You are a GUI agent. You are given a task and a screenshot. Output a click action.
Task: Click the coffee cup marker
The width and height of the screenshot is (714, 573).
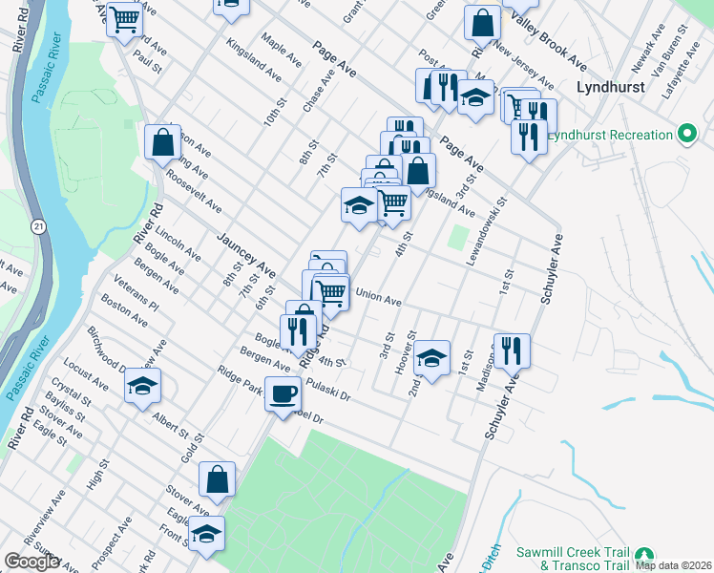click(x=283, y=394)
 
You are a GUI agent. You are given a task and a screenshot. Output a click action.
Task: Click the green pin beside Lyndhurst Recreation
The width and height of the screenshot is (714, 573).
click(x=686, y=135)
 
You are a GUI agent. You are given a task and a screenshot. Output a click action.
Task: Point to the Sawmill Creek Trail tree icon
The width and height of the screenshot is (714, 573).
click(x=646, y=557)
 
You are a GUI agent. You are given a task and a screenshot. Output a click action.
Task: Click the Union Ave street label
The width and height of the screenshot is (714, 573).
click(x=378, y=297)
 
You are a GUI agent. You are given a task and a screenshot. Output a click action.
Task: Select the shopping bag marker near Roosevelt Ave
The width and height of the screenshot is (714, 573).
click(x=162, y=143)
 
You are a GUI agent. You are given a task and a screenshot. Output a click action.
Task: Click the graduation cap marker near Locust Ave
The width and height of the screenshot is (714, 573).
click(x=143, y=386)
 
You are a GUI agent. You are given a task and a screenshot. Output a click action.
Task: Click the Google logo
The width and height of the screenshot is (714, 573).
click(x=32, y=562)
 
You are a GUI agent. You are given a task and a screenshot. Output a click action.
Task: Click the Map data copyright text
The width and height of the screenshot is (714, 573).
click(x=673, y=564)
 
